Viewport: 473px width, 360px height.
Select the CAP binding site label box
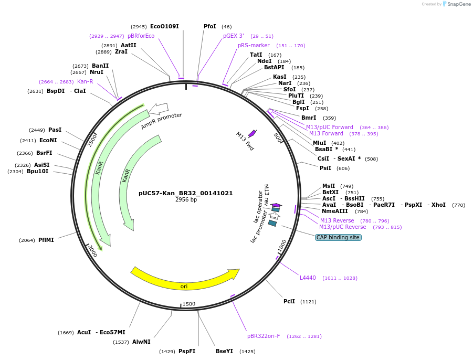(338, 237)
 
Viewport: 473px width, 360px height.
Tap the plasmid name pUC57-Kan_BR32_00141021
(185, 193)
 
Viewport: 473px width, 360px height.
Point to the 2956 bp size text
(186, 200)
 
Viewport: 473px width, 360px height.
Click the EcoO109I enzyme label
(164, 26)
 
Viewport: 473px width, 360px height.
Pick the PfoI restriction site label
(209, 26)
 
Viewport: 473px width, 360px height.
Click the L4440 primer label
(308, 278)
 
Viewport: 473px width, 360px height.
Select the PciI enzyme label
(289, 301)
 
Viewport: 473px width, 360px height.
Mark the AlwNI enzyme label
(141, 342)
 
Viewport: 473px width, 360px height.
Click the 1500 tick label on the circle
(188, 304)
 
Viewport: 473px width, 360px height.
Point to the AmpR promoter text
(161, 121)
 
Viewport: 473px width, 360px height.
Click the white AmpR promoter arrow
(158, 109)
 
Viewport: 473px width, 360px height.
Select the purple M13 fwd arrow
(253, 133)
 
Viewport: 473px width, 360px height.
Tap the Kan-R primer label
(85, 81)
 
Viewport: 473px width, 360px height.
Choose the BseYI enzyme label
(224, 351)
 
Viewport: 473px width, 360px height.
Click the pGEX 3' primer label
(234, 36)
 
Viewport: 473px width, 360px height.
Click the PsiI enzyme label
(325, 168)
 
